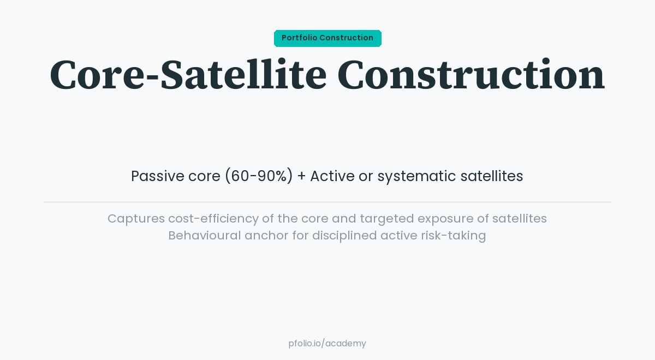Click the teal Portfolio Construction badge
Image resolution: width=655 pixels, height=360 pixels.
coord(327,38)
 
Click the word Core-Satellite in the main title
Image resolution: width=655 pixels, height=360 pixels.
coord(188,75)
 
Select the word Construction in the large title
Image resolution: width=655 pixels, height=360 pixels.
coord(471,75)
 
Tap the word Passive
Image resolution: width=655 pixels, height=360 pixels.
coord(157,176)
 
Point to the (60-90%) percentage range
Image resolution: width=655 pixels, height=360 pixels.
coord(259,176)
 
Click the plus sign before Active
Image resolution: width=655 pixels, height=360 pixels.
coord(301,177)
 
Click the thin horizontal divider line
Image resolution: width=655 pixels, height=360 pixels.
coord(327,202)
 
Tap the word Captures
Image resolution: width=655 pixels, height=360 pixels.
coord(136,219)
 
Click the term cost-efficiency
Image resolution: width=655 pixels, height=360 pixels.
coord(213,219)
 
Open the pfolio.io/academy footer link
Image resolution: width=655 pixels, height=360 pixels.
coord(327,344)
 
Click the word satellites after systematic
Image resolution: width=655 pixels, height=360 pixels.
coord(491,176)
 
